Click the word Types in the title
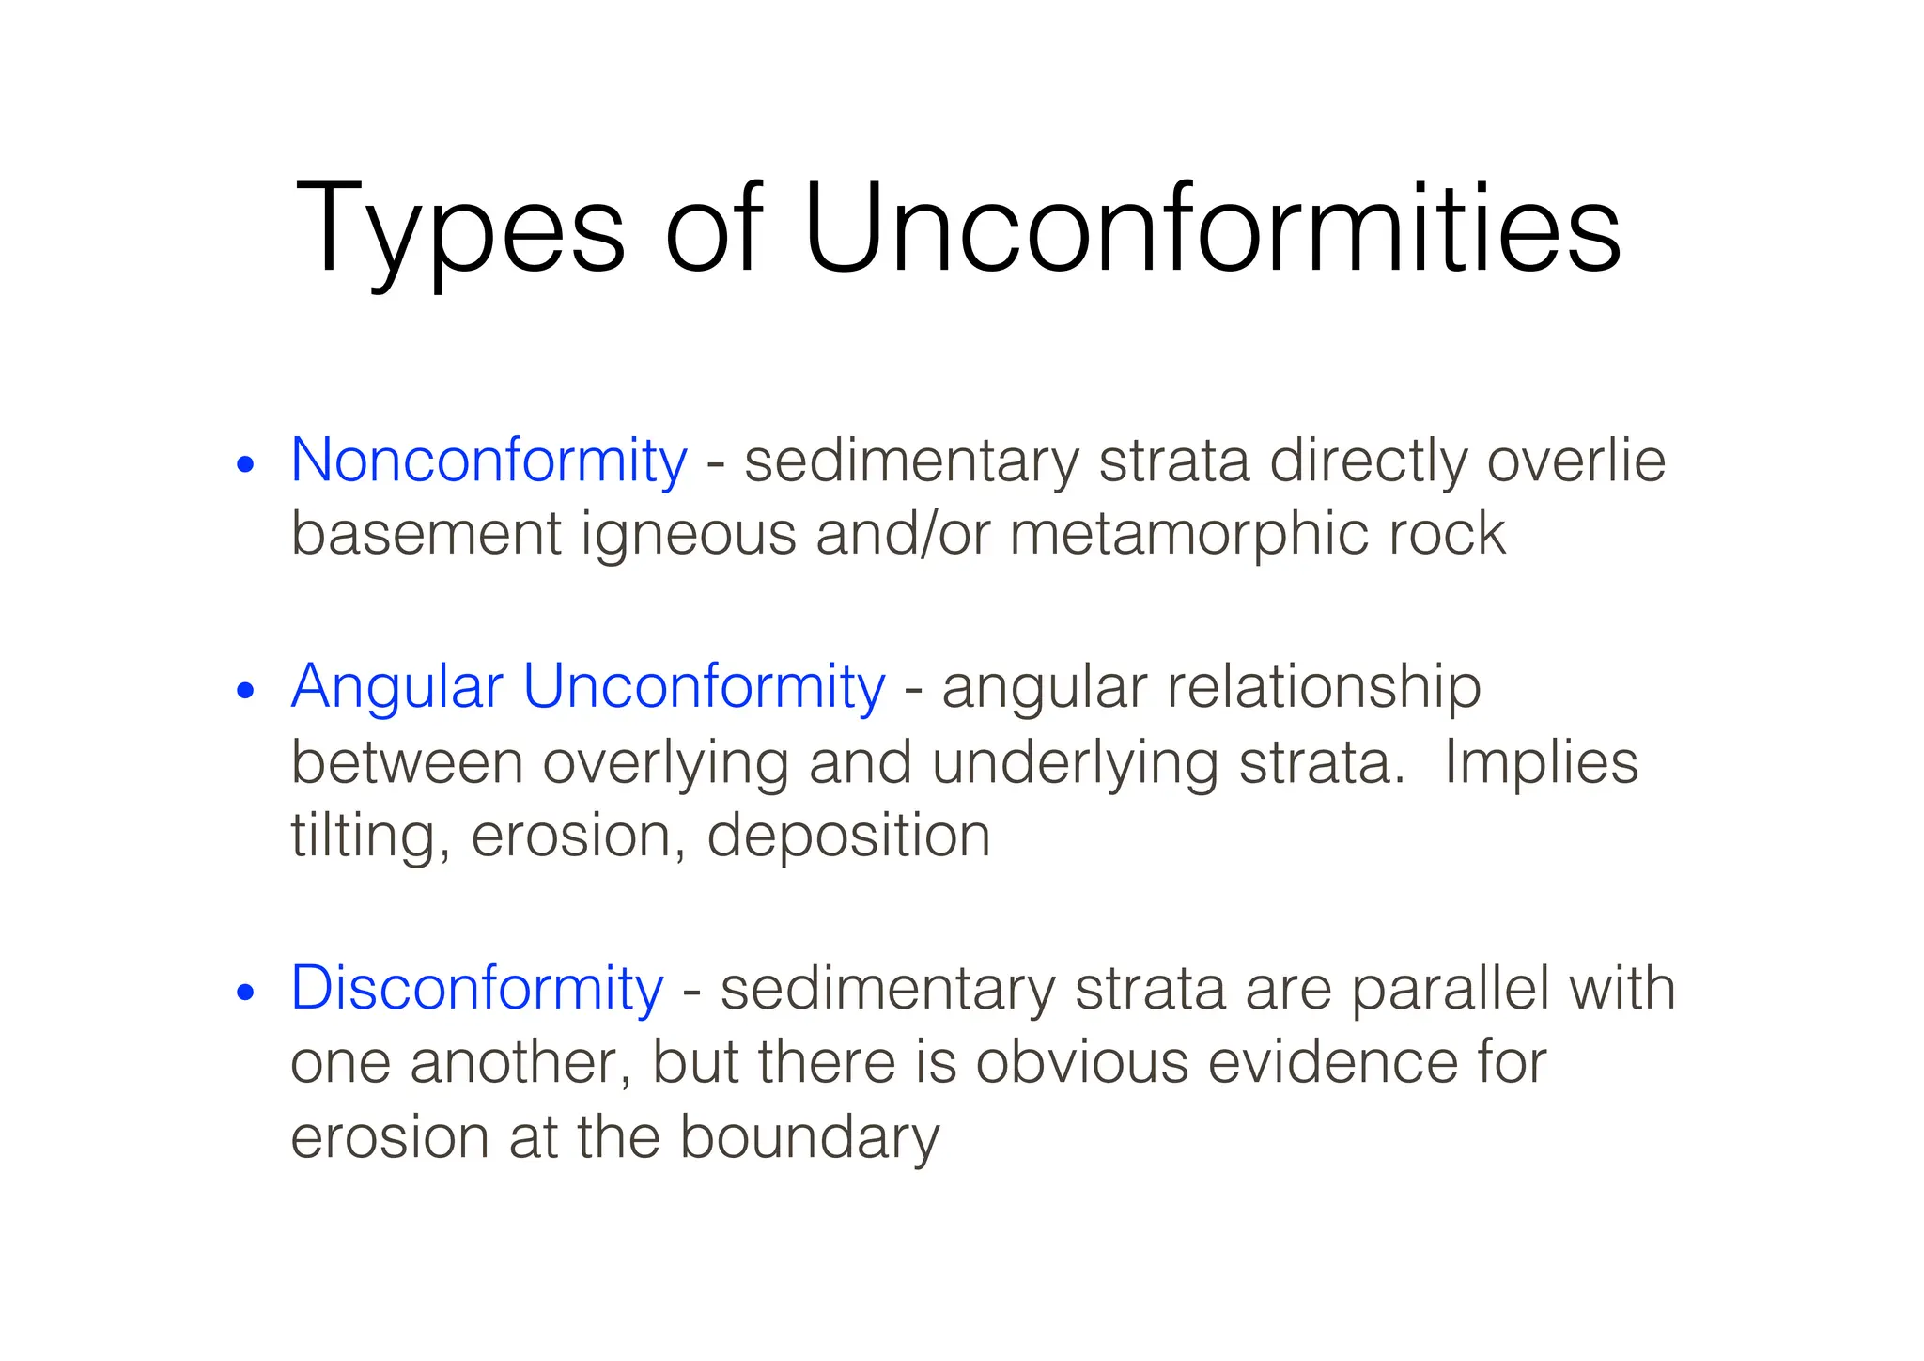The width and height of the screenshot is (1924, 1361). point(459,229)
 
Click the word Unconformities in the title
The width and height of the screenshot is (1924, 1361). point(1212,229)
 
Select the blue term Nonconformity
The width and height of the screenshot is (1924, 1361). point(489,461)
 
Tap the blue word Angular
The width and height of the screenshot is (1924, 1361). point(397,686)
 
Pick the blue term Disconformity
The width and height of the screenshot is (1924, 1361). point(477,989)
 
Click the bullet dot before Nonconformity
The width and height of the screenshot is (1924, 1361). point(246,464)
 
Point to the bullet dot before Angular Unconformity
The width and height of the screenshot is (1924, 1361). point(246,691)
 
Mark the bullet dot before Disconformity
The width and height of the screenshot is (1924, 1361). point(246,993)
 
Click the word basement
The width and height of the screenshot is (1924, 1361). point(426,534)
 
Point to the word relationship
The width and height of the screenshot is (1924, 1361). point(1324,688)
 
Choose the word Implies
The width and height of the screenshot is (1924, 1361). point(1541,763)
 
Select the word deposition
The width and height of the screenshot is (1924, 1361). point(848,837)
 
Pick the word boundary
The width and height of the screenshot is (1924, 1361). point(809,1138)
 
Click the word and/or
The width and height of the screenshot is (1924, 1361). point(903,534)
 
